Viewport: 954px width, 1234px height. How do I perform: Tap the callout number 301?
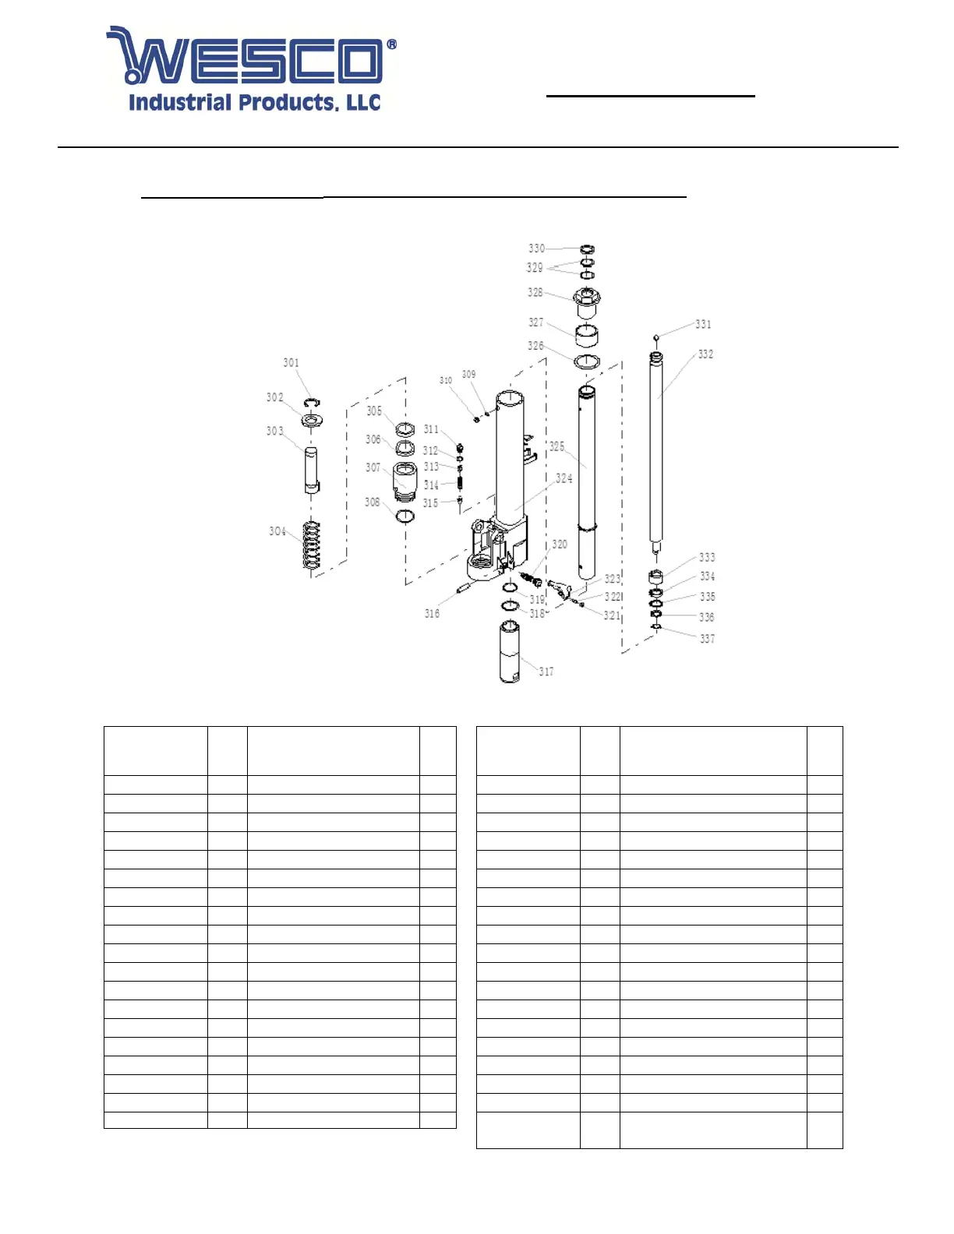pyautogui.click(x=291, y=363)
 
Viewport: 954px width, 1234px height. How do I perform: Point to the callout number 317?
pyautogui.click(x=546, y=672)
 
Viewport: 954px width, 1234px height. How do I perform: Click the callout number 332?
pyautogui.click(x=705, y=354)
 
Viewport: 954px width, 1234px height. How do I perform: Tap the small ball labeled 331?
pyautogui.click(x=656, y=337)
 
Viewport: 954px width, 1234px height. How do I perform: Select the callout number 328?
pyautogui.click(x=535, y=293)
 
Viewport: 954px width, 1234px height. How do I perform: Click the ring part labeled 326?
pyautogui.click(x=587, y=361)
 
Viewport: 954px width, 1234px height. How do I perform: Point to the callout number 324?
pyautogui.click(x=564, y=478)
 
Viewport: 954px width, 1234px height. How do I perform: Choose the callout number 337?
pyautogui.click(x=707, y=639)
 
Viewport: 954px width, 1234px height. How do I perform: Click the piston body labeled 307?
pyautogui.click(x=405, y=480)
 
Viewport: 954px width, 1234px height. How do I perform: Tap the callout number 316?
pyautogui.click(x=432, y=614)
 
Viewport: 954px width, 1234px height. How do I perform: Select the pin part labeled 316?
pyautogui.click(x=465, y=587)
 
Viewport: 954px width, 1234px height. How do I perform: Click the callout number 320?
pyautogui.click(x=560, y=545)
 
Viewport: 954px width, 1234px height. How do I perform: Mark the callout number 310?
pyautogui.click(x=446, y=380)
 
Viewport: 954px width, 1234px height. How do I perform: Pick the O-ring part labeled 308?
pyautogui.click(x=405, y=516)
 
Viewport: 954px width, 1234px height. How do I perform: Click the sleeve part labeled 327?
pyautogui.click(x=586, y=335)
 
